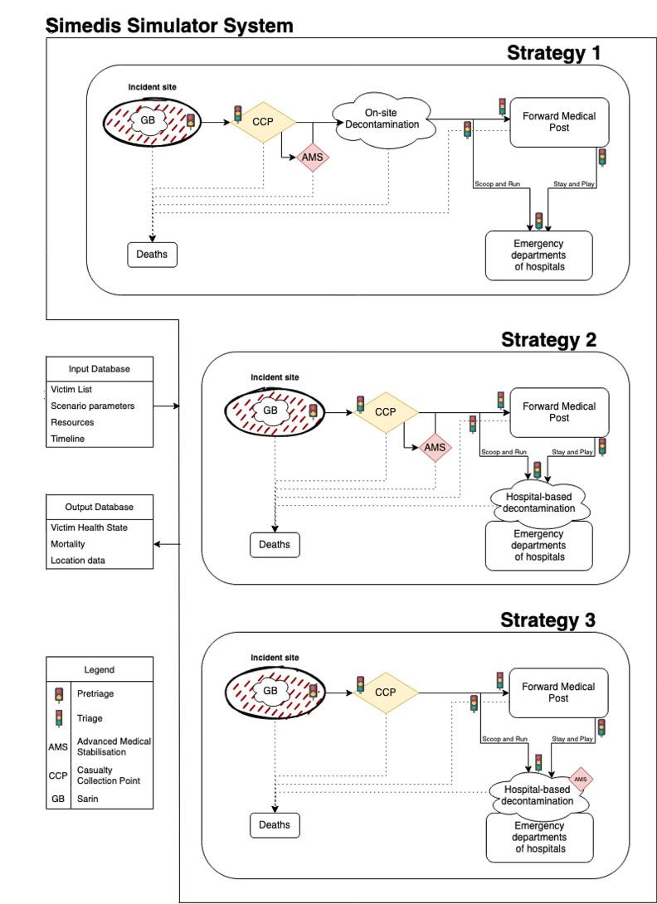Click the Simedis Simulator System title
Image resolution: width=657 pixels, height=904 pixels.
[x=169, y=26]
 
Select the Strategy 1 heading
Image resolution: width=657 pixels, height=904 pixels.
[x=553, y=54]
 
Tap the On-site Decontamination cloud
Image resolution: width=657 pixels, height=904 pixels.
[x=384, y=120]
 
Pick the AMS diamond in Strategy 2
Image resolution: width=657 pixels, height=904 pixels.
[x=435, y=447]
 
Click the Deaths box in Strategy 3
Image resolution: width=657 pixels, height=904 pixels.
[x=275, y=825]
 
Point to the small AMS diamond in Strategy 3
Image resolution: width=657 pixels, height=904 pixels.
[x=581, y=780]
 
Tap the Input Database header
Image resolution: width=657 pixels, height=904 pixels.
[x=99, y=369]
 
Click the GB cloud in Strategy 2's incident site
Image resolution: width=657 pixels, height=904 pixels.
[x=270, y=411]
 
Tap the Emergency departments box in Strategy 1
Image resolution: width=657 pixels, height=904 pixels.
[x=538, y=255]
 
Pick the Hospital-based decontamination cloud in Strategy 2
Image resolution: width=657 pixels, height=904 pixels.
[x=538, y=502]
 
